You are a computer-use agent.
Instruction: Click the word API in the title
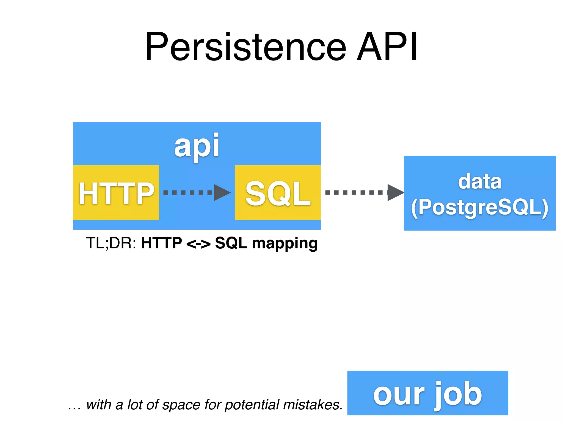387,47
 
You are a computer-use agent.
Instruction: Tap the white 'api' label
197,146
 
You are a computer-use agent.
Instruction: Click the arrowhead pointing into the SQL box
222,193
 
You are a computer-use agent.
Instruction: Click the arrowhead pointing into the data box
395,193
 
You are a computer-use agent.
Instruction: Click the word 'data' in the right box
480,182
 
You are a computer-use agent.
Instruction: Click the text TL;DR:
111,243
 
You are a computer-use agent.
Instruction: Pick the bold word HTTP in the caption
161,243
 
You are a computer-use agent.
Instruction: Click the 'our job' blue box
427,393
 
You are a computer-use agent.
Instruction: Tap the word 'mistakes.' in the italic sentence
313,405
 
